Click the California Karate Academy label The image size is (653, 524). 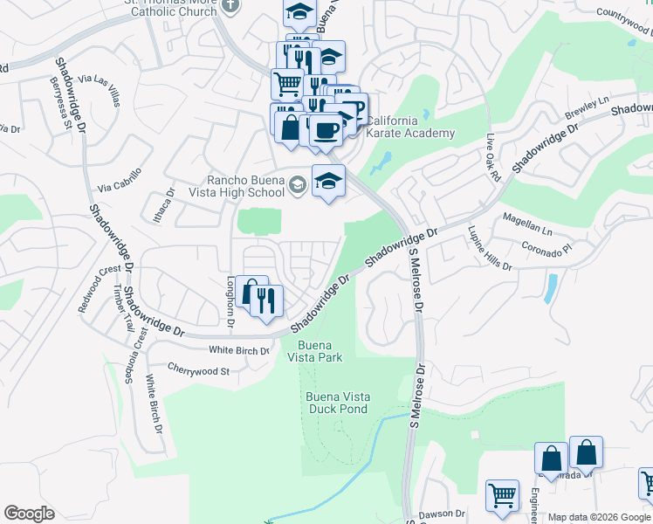pyautogui.click(x=409, y=127)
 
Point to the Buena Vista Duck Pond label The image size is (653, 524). pyautogui.click(x=338, y=403)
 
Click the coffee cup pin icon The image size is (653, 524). pyautogui.click(x=326, y=131)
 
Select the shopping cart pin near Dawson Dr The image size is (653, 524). pyautogui.click(x=502, y=496)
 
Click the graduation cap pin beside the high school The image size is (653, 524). pyautogui.click(x=328, y=182)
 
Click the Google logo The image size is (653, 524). pyautogui.click(x=29, y=513)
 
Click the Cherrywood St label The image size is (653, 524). pyautogui.click(x=197, y=370)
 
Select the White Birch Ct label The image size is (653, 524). pyautogui.click(x=238, y=351)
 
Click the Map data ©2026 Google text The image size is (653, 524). pyautogui.click(x=599, y=517)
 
